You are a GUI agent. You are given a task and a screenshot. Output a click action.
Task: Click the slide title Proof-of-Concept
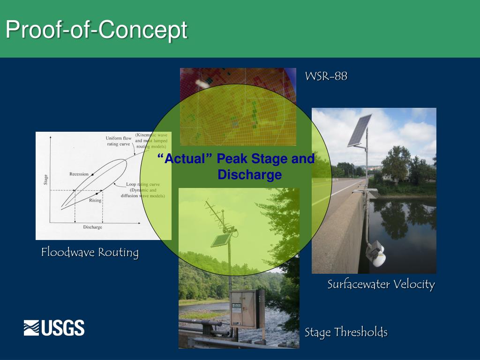[x=96, y=30]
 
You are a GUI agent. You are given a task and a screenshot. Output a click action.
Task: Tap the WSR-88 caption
[x=326, y=76]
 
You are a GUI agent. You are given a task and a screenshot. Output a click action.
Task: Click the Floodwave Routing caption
[x=90, y=252]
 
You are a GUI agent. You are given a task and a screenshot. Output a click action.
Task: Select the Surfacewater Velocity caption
[x=381, y=284]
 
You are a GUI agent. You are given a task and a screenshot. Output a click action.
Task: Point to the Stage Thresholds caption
[x=346, y=332]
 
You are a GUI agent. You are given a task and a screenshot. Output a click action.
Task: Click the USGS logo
[x=54, y=328]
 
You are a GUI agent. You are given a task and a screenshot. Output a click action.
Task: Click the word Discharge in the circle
[x=249, y=175]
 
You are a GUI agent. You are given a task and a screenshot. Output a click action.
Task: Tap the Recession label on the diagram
[x=79, y=174]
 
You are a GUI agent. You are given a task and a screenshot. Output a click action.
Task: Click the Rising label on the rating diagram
[x=95, y=200]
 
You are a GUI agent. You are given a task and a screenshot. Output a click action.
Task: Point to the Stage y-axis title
[x=45, y=179]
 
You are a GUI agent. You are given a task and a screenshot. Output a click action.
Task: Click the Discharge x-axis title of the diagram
[x=92, y=227]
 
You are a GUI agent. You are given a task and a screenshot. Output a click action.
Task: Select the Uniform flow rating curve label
[x=118, y=141]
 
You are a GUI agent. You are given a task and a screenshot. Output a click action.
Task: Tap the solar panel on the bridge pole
[x=359, y=130]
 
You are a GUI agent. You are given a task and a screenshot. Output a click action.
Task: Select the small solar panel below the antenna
[x=220, y=240]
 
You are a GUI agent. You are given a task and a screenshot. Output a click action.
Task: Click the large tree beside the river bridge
[x=396, y=164]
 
